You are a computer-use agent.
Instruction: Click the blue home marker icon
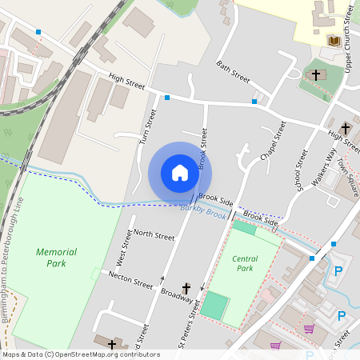tap(180, 172)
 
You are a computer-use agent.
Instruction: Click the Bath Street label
tap(234, 70)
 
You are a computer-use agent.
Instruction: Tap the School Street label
tap(302, 169)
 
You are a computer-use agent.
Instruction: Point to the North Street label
tap(154, 234)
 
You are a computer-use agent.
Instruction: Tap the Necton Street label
tap(130, 282)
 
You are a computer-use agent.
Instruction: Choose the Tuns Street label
tap(145, 127)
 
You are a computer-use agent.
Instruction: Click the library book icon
tap(334, 41)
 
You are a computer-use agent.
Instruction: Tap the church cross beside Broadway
tap(187, 288)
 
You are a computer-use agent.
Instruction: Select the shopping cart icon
tap(309, 329)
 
